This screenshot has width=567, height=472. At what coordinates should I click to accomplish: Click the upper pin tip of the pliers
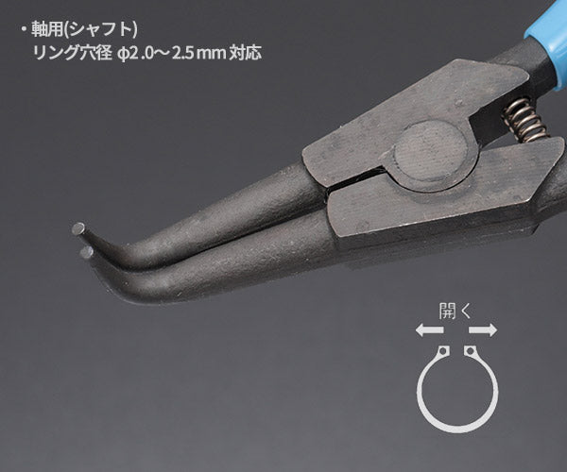[78, 228]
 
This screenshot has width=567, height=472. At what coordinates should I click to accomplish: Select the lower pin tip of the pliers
[86, 252]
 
